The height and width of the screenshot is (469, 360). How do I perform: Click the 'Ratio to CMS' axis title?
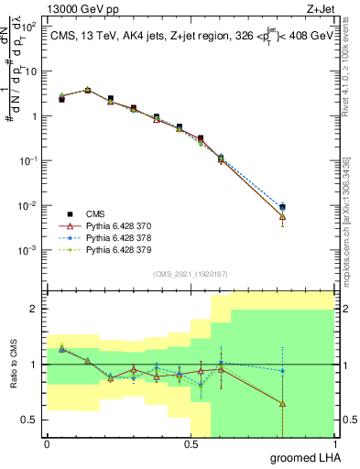coord(12,365)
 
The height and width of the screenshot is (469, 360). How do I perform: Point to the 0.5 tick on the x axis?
coord(191,444)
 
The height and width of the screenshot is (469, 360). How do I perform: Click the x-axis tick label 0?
coord(48,444)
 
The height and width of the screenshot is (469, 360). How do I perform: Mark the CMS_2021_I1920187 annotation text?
coord(190,273)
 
